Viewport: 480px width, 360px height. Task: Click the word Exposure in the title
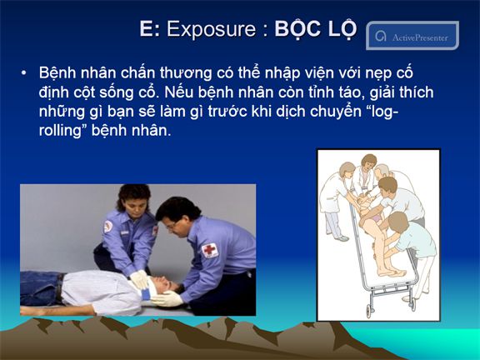click(x=211, y=29)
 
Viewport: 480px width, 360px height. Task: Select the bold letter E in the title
click(x=147, y=28)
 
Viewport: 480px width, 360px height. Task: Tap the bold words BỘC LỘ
click(x=316, y=29)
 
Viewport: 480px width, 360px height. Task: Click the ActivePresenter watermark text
click(x=420, y=37)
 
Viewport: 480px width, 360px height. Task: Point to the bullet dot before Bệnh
click(x=23, y=73)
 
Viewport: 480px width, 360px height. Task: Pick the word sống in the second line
click(x=117, y=92)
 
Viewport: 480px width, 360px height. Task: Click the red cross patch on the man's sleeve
click(x=210, y=250)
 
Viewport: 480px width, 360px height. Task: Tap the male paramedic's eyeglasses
click(x=172, y=226)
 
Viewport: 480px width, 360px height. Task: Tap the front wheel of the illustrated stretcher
click(x=369, y=312)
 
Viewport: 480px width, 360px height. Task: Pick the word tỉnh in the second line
click(x=320, y=92)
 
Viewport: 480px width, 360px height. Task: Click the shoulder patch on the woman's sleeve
click(x=108, y=227)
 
